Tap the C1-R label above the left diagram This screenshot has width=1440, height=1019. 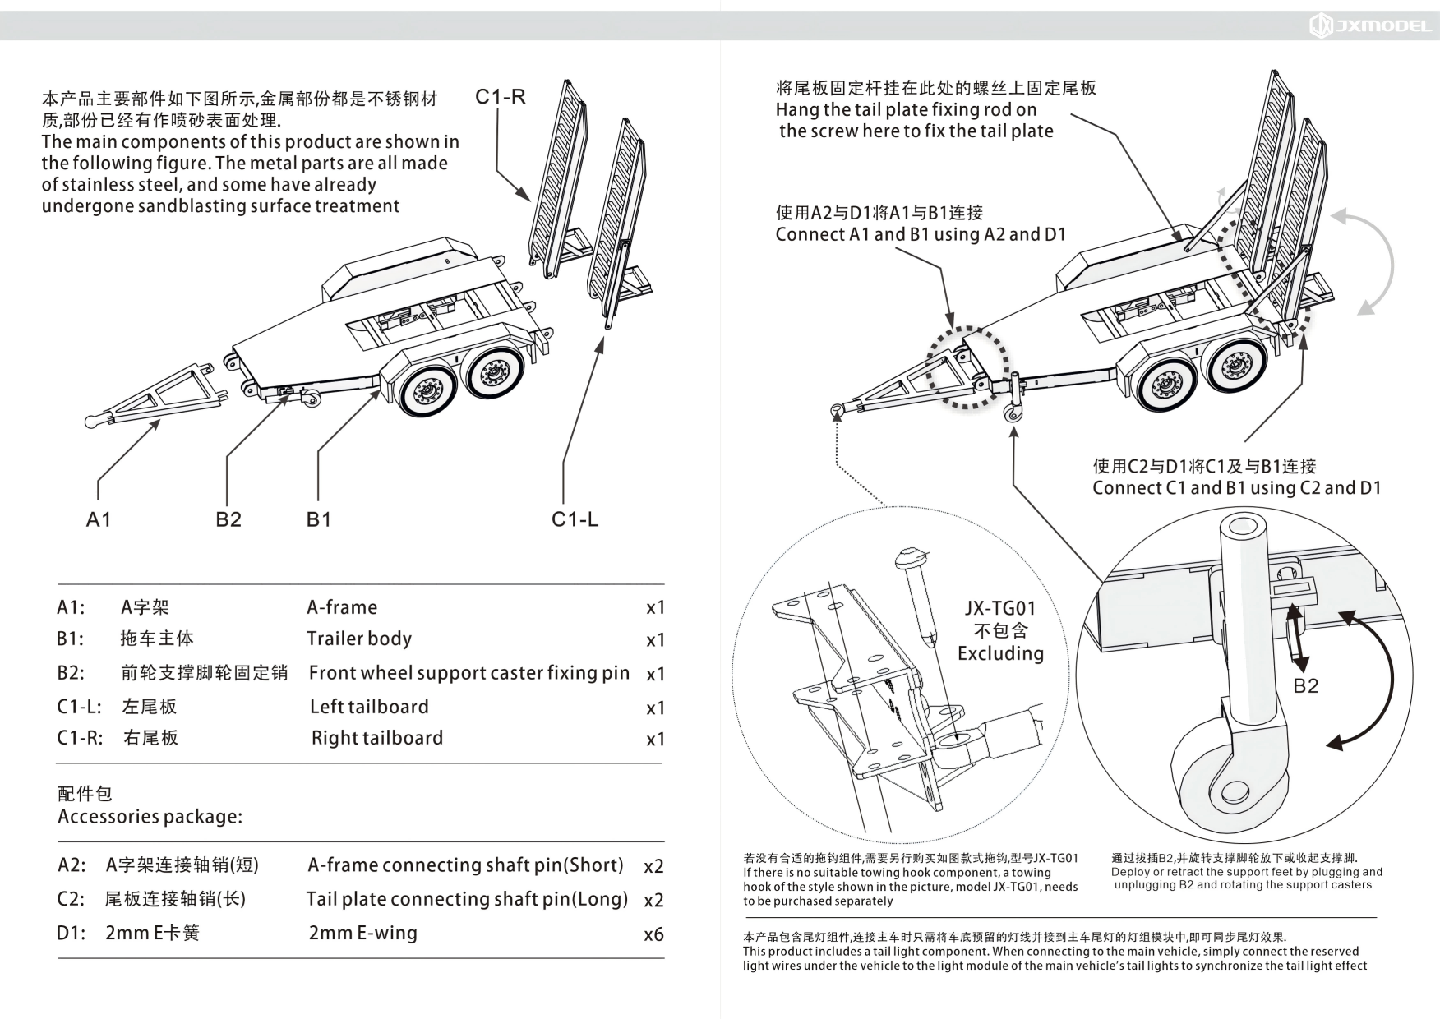(500, 97)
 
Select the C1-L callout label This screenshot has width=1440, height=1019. (575, 519)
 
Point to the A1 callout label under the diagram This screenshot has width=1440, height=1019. (98, 519)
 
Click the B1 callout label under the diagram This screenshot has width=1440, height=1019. (318, 519)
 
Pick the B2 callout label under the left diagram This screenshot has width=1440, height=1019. (228, 519)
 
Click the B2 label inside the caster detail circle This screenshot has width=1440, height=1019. (1305, 686)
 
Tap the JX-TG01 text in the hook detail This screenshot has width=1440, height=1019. (999, 608)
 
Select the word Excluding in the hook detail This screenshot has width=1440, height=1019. (1000, 653)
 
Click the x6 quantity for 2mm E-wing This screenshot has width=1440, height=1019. (653, 934)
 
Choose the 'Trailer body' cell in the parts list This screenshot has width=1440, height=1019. (359, 639)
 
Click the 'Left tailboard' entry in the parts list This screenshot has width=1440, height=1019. (369, 707)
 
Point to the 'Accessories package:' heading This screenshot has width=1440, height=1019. (150, 817)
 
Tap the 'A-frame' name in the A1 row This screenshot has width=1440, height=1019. (342, 607)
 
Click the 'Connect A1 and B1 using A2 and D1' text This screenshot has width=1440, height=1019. (921, 234)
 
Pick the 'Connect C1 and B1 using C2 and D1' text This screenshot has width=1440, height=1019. (1236, 488)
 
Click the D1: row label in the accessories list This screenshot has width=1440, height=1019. (71, 934)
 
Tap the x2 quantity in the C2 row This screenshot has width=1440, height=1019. (653, 901)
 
